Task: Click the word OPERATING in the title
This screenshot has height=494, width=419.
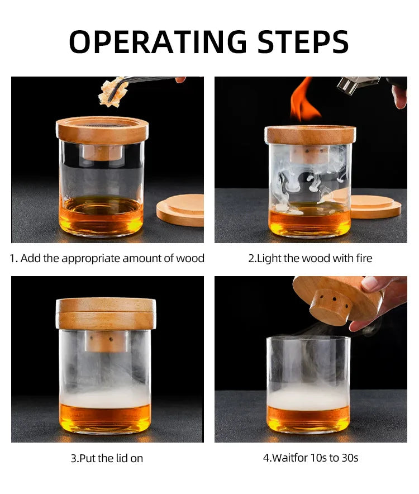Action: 157,41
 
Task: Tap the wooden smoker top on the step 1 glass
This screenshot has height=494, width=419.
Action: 102,130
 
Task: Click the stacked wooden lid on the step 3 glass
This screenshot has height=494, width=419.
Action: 106,313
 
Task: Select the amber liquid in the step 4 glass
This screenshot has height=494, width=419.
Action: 308,418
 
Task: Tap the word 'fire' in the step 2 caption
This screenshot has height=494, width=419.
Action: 362,258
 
